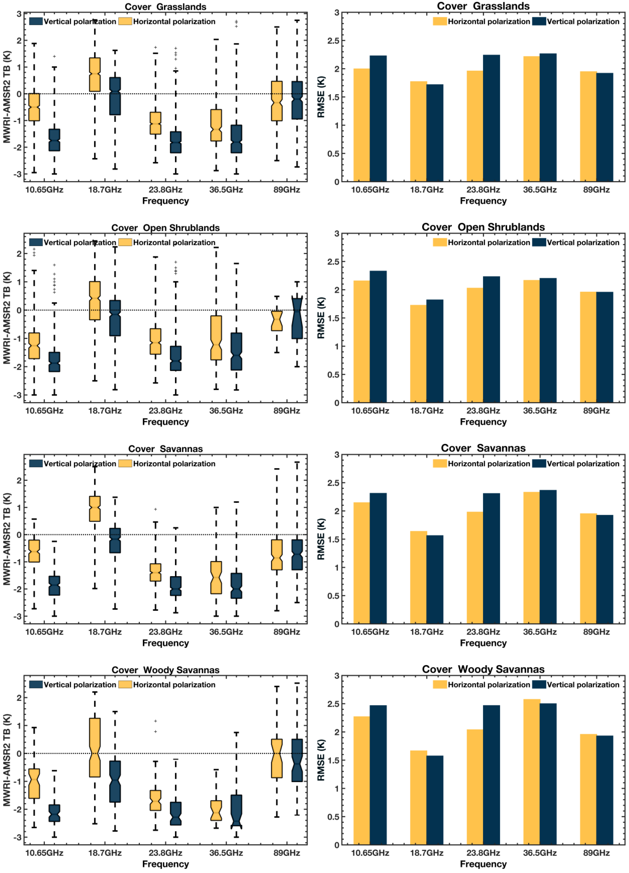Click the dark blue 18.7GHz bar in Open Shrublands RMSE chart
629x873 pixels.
coord(435,351)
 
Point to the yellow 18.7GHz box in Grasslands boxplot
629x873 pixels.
coord(95,75)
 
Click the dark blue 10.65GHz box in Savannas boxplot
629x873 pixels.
coord(54,585)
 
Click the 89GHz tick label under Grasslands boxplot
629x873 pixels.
coord(287,190)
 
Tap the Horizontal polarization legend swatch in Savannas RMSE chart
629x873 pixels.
coord(440,463)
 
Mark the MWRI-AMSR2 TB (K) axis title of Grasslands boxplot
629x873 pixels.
coord(7,97)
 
